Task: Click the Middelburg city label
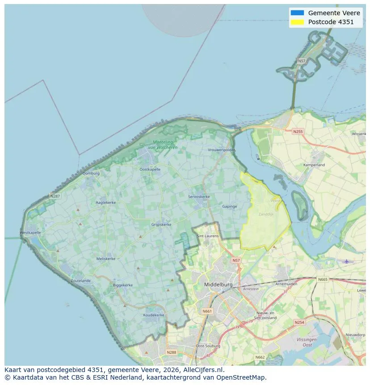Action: point(218,284)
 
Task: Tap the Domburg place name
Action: point(91,173)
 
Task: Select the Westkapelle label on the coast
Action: point(30,233)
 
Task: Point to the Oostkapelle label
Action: point(149,169)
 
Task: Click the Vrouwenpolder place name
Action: point(221,150)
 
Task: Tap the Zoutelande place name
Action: point(80,281)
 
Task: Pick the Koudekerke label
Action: point(154,315)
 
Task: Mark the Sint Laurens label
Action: point(208,236)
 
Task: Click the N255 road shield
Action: point(298,131)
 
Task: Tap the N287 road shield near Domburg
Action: point(55,196)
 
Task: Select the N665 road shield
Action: point(322,279)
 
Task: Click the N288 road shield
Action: point(171,352)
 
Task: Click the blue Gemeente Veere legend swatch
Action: point(297,13)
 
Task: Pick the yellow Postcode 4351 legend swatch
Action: point(297,22)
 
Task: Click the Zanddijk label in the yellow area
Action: point(265,215)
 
